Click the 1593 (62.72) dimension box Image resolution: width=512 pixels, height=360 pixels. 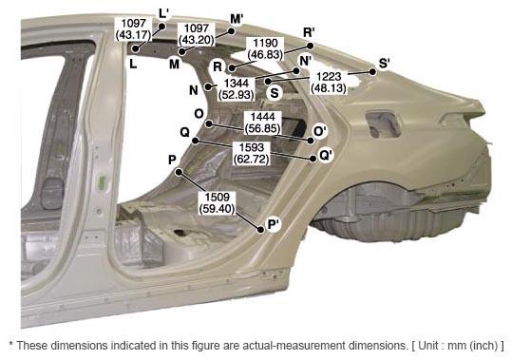(x=252, y=153)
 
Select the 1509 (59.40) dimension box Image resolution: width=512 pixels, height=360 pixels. (x=218, y=203)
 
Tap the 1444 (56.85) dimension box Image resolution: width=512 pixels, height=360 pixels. (x=262, y=123)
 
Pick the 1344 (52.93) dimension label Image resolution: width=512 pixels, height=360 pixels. (x=237, y=88)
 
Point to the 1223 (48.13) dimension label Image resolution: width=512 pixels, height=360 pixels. (x=329, y=83)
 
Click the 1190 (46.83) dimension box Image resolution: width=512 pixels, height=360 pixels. (x=265, y=49)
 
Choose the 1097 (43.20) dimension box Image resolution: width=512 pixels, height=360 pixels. (x=197, y=34)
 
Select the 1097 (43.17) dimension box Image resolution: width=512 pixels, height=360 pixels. (x=134, y=29)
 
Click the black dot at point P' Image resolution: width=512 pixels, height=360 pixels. (x=260, y=230)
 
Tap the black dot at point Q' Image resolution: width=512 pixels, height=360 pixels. (x=313, y=159)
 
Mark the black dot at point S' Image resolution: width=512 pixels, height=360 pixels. (x=372, y=72)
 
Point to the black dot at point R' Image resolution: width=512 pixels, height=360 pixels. (x=311, y=46)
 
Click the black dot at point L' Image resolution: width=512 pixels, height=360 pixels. (x=161, y=27)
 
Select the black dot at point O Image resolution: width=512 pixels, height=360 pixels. (x=209, y=124)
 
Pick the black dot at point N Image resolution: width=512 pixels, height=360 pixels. (x=208, y=86)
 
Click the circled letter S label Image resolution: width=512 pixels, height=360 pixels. (x=275, y=93)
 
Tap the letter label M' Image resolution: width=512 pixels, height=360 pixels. (x=237, y=19)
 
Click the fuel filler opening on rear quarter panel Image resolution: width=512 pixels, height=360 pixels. (x=384, y=124)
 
